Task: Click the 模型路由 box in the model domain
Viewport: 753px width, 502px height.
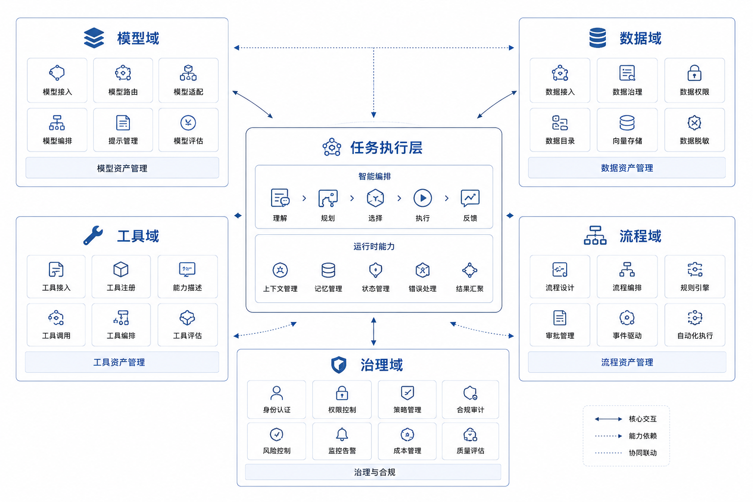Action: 123,80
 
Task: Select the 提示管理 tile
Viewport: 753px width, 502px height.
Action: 123,130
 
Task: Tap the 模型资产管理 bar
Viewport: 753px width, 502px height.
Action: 123,168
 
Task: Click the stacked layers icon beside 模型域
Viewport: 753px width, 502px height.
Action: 94,38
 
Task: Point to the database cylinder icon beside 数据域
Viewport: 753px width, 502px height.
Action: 598,38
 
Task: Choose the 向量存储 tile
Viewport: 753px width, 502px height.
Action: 627,130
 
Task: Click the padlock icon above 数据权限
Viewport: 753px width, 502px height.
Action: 694,73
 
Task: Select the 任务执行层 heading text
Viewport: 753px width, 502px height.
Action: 386,148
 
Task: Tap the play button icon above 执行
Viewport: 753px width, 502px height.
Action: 423,198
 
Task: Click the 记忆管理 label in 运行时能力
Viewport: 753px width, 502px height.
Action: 328,288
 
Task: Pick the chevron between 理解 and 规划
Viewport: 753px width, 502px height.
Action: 304,199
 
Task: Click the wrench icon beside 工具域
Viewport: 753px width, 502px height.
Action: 93,235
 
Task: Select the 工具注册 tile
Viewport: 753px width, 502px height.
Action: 121,276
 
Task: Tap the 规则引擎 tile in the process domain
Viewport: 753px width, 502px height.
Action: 695,276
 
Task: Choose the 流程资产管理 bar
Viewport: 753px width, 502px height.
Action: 627,362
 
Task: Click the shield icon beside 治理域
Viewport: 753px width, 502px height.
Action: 339,365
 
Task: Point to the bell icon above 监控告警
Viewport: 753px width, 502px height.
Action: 342,434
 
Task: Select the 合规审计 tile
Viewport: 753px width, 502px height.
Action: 470,400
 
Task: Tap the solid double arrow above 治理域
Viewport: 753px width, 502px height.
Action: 374,331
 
